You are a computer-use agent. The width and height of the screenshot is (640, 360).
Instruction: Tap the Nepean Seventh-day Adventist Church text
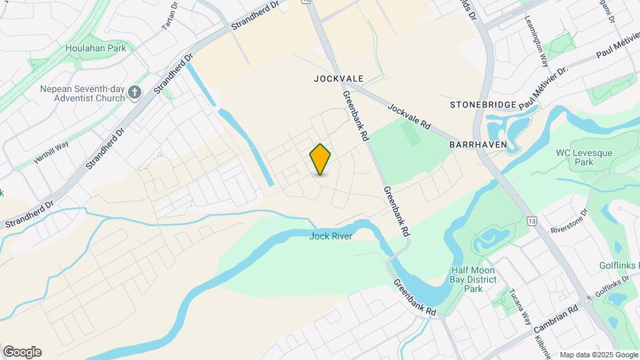pos(83,93)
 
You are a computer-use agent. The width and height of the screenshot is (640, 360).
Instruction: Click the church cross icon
pos(135,93)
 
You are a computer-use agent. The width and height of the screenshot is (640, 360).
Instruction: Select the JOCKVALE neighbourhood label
pos(339,79)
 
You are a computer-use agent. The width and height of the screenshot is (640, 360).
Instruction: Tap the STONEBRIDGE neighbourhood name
pos(483,105)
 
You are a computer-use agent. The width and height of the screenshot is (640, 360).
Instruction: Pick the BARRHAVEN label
pos(478,145)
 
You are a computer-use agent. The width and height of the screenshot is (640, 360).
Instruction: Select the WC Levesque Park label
pos(575,157)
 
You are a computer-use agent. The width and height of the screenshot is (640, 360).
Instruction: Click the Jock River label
pos(330,236)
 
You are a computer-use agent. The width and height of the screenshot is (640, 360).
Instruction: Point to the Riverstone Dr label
pos(569,222)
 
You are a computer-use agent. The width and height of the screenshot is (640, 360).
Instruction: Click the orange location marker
pos(321,159)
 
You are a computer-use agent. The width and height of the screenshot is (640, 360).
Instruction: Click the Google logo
pos(22,352)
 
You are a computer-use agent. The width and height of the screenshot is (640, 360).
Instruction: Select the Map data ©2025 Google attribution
pos(598,355)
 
